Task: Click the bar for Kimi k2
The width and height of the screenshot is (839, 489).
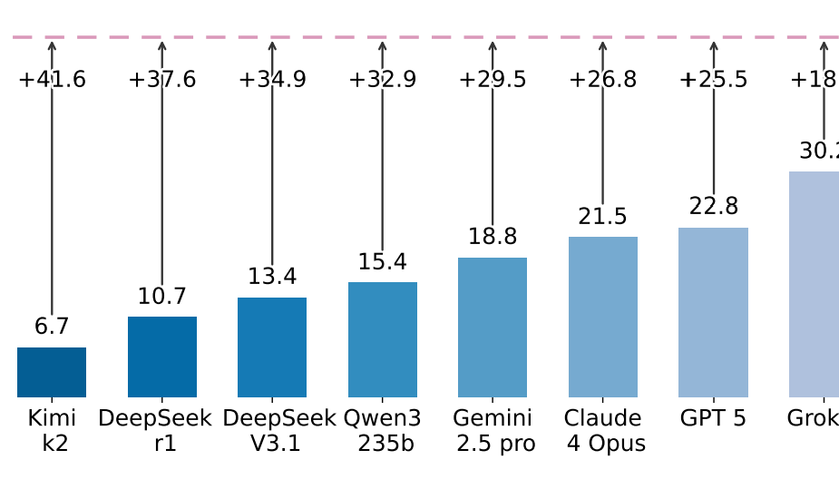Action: tap(52, 372)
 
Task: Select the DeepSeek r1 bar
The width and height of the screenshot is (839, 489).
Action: tap(162, 357)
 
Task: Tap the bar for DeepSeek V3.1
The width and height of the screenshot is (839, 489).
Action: tap(272, 347)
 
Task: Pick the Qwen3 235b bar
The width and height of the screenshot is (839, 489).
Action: tap(383, 339)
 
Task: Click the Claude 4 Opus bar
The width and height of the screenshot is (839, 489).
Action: tap(603, 317)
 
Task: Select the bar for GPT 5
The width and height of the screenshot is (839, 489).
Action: tap(713, 312)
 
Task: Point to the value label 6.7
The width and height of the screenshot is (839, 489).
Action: tap(52, 328)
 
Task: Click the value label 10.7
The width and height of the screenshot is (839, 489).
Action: tap(162, 297)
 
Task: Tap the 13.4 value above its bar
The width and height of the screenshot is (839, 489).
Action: tap(272, 278)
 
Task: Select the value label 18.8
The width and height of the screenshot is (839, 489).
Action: tap(493, 238)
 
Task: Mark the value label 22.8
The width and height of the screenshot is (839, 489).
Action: tap(713, 207)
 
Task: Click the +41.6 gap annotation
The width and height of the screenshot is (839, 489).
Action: tap(52, 80)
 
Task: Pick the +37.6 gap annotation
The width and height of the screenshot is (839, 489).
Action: tap(162, 80)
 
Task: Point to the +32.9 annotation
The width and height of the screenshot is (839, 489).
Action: tap(383, 80)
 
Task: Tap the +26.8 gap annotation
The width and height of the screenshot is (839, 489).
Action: tap(603, 80)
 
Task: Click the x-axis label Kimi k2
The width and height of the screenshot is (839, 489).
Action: tap(52, 431)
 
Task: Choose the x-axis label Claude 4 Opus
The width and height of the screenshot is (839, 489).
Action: tap(603, 431)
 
